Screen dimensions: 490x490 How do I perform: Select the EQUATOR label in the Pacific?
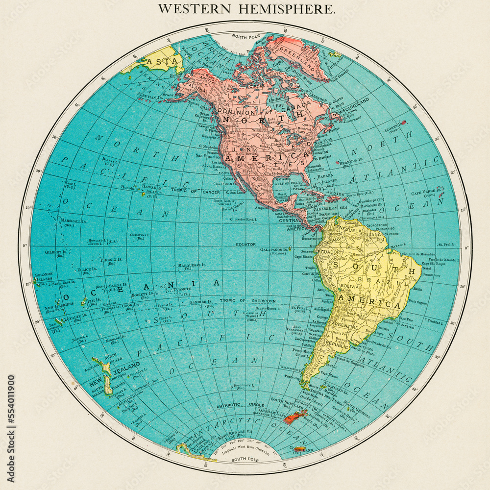point(232,244)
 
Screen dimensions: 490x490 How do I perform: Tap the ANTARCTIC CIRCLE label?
point(236,405)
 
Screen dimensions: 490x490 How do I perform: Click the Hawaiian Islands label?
point(151,189)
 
